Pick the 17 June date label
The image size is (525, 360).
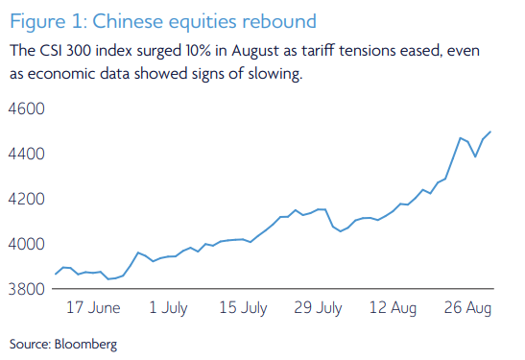(92, 309)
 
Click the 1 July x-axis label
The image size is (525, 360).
(168, 309)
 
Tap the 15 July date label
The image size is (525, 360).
(243, 309)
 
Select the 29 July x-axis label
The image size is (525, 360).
(318, 309)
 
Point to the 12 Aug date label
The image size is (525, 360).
(393, 309)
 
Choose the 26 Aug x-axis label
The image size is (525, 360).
(467, 309)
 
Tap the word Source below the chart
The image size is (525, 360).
(28, 342)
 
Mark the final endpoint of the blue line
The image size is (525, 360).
(492, 132)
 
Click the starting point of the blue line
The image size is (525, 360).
(56, 275)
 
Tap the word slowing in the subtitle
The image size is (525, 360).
(274, 74)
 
